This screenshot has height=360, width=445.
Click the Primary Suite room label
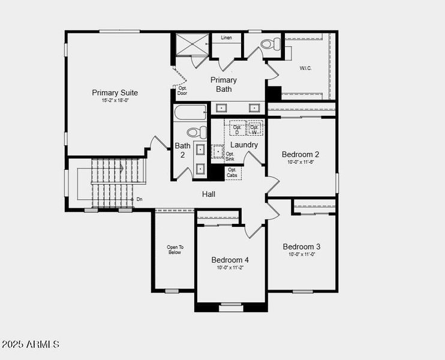coord(115,92)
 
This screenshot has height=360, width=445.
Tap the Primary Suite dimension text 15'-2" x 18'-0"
coord(115,101)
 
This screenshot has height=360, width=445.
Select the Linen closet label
coord(226,38)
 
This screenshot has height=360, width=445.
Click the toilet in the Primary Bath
coord(271,43)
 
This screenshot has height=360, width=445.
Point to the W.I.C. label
coord(306,68)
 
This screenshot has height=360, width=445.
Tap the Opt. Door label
coord(182,91)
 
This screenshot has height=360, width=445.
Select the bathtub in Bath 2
coord(190,113)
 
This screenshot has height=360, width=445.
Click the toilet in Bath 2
coord(196,133)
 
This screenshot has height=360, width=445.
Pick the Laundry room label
coord(244,145)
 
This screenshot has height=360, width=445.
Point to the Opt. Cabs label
coord(232,172)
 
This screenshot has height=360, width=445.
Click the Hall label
coord(208,194)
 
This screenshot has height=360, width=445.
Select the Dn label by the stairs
coord(139,199)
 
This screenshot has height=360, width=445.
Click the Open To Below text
coord(175,250)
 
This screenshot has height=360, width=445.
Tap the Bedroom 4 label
coord(230,260)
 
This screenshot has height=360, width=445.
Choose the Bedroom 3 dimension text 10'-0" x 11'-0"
coord(302,254)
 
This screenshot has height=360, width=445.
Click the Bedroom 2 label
coord(301,154)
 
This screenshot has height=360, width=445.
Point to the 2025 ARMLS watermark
coord(31,344)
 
